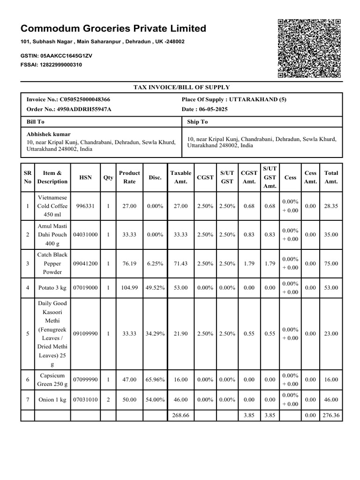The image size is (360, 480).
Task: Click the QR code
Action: click(309, 49)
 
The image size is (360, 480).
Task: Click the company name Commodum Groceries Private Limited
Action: click(113, 29)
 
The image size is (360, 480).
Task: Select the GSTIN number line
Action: click(56, 56)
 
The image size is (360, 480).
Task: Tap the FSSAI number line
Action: click(52, 65)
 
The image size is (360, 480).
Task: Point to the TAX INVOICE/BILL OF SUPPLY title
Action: click(181, 87)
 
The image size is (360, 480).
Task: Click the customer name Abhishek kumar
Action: click(48, 134)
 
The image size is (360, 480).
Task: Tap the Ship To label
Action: click(197, 122)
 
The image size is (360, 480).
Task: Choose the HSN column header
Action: click(86, 178)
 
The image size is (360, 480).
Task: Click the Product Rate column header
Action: click(129, 177)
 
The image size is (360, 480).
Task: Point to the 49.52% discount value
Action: click(155, 288)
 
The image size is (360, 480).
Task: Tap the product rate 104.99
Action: click(129, 288)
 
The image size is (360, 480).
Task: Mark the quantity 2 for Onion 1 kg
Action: click(108, 400)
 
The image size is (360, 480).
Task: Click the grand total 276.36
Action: click(330, 415)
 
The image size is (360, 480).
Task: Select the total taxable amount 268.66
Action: click(180, 415)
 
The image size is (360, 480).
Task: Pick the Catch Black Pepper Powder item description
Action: click(52, 263)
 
